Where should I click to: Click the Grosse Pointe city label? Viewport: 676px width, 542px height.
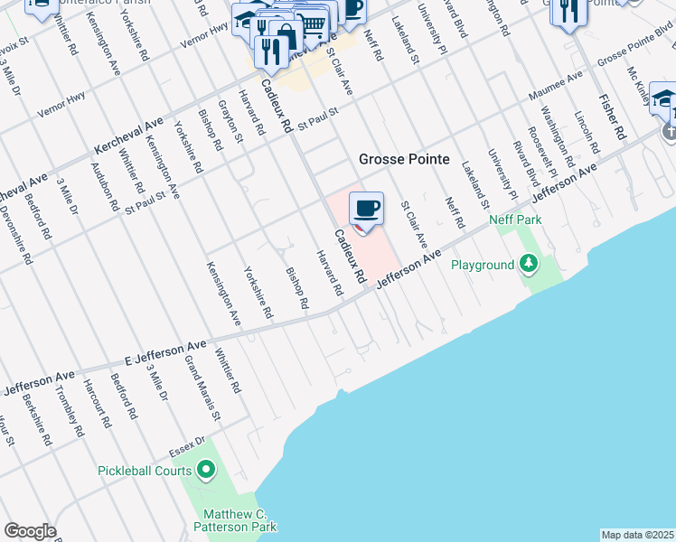point(404,159)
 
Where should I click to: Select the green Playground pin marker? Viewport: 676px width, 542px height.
point(529,265)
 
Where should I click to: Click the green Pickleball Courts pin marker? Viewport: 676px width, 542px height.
point(206,470)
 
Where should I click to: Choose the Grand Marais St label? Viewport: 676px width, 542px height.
point(202,388)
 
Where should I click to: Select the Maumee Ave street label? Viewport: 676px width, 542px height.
point(557,88)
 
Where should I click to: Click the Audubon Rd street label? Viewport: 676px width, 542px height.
point(105,185)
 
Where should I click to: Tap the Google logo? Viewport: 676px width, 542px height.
point(30,531)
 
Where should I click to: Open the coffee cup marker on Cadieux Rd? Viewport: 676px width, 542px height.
point(366,210)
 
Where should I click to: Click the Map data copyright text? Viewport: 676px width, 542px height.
point(638,535)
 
